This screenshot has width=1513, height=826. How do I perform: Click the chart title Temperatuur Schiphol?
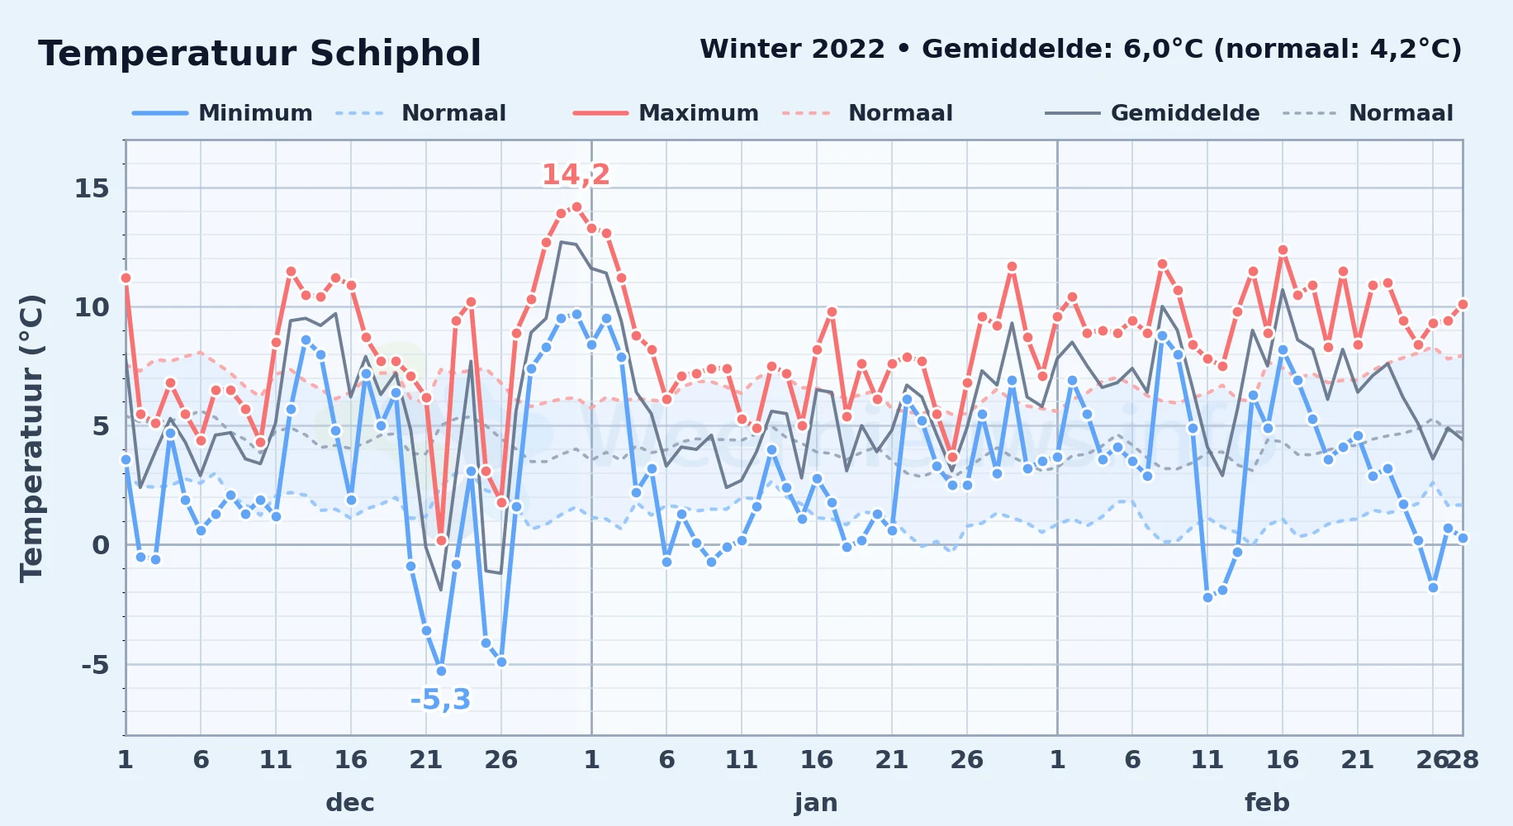259,54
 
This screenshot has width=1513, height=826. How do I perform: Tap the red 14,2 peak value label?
576,174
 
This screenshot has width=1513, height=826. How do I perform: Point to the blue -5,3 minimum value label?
440,700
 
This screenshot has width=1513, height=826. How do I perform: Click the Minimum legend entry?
222,113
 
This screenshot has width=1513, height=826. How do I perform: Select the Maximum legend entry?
666,113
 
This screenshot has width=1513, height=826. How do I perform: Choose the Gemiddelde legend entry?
1152,113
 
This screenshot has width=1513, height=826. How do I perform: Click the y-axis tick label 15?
92,188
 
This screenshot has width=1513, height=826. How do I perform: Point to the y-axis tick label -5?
95,664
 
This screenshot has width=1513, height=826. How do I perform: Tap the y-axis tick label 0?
101,545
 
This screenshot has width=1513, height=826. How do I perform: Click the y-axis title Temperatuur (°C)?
31,438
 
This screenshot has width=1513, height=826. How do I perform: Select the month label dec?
350,802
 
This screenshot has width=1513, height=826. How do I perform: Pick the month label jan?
816,802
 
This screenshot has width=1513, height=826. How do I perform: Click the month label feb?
1267,802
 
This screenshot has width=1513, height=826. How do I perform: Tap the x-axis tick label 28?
1463,759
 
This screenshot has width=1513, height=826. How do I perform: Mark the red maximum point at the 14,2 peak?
576,207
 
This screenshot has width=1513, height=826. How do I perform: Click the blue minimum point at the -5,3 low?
441,671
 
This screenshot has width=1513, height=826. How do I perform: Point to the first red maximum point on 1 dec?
126,278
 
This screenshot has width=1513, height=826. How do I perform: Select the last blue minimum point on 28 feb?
1463,538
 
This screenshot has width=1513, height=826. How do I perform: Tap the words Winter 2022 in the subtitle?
792,50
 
